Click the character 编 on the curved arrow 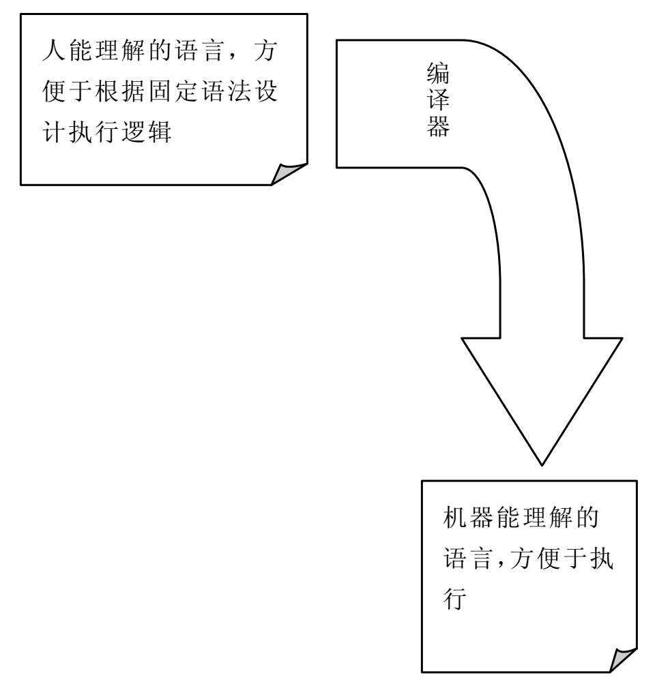(437, 74)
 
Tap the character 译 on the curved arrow (437, 101)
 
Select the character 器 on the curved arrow (437, 128)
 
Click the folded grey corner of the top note (287, 174)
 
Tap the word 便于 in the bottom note (560, 561)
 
